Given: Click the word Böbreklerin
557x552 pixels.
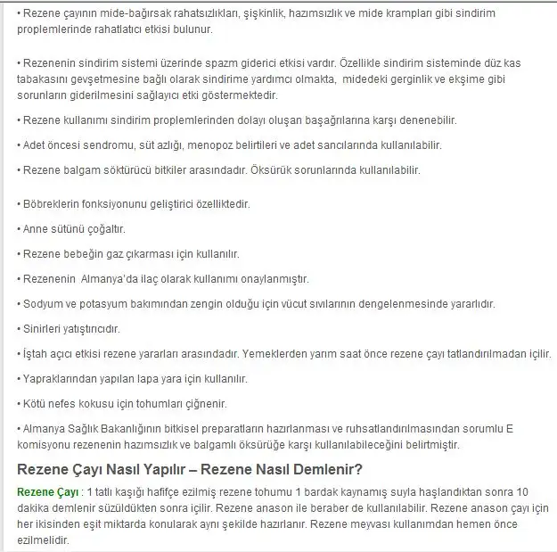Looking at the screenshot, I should [x=52, y=204].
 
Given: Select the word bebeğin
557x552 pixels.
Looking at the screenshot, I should [x=86, y=253].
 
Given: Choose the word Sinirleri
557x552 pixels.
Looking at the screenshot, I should [x=44, y=329].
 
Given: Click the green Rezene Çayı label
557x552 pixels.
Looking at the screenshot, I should [x=46, y=492].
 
